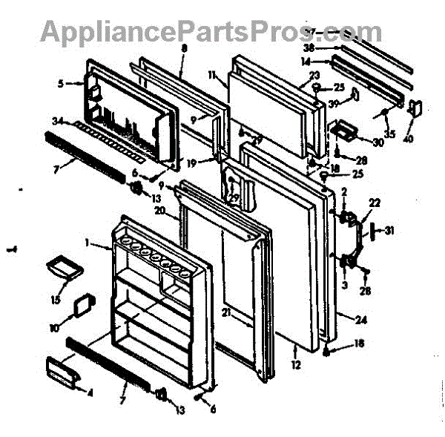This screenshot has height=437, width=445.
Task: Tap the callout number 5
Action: (x=61, y=84)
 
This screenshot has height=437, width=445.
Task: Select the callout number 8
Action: (x=183, y=47)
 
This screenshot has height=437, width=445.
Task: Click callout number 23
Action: (x=314, y=75)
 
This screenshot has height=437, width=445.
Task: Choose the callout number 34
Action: (x=58, y=122)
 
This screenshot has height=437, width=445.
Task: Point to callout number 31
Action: (x=390, y=231)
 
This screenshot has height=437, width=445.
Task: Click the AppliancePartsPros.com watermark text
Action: (x=211, y=31)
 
